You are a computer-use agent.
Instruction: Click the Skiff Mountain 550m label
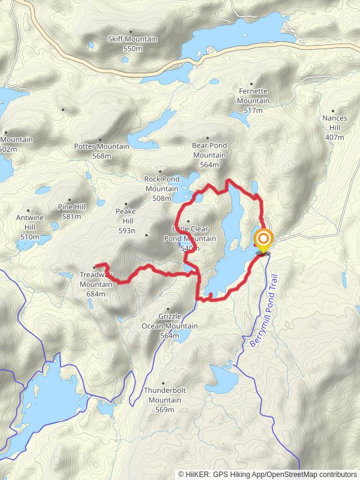[132, 43]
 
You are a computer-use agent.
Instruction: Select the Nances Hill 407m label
[334, 128]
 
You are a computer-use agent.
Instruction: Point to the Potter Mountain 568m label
[101, 151]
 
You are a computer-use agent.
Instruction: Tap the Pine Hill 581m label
[70, 211]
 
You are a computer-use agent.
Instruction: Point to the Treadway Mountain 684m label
[96, 284]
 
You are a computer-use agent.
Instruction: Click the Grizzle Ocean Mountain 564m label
[169, 326]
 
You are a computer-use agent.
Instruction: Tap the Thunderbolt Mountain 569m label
[164, 400]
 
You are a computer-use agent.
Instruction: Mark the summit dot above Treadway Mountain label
[94, 267]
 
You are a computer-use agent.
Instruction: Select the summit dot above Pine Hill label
[70, 200]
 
